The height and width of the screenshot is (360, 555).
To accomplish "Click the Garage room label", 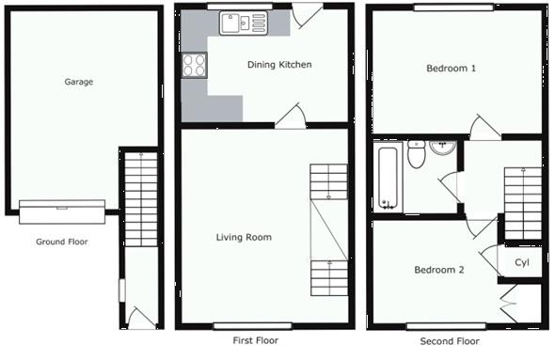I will (78, 82).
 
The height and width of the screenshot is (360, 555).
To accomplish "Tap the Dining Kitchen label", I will (278, 65).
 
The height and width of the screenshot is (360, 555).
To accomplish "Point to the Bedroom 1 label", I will (451, 69).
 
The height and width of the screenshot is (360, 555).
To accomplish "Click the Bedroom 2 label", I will (439, 270).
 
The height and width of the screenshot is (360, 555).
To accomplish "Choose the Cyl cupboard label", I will (521, 261).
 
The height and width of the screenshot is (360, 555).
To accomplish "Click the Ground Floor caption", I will (62, 242).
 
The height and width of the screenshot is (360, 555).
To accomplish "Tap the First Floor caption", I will (255, 341).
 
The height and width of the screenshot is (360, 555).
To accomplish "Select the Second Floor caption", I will (450, 341).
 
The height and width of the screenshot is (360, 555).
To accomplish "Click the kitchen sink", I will (243, 23).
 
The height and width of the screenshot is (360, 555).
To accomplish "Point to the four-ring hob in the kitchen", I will (195, 65).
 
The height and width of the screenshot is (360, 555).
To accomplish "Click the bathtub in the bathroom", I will (386, 177).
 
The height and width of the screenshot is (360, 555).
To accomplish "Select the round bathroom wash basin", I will (442, 148).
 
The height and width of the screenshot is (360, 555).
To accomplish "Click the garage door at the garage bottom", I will (62, 205).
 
